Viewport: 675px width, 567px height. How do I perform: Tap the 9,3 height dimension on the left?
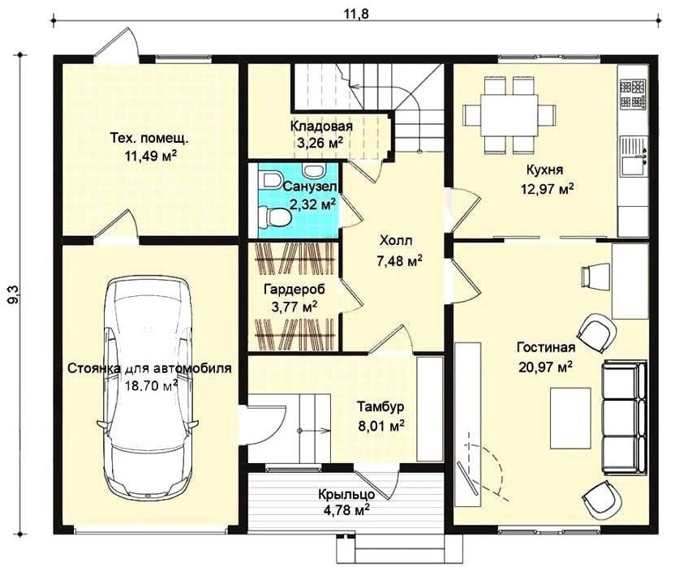[13, 295]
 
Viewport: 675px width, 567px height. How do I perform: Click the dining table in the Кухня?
[509, 115]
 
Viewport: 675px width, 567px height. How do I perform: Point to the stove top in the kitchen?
[634, 93]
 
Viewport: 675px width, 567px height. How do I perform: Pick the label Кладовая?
[321, 127]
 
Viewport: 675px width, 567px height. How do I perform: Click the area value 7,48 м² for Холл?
[399, 260]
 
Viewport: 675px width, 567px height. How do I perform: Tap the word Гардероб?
[295, 289]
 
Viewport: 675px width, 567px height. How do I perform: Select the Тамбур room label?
[381, 407]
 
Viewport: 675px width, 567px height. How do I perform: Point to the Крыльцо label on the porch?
[346, 494]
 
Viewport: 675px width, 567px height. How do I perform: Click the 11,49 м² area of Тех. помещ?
[151, 155]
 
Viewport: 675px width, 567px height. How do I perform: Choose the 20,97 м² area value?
[546, 367]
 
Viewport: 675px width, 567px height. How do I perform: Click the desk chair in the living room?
[596, 275]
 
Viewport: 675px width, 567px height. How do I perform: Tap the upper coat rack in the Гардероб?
[295, 260]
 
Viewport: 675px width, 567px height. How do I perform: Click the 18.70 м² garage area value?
[152, 384]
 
